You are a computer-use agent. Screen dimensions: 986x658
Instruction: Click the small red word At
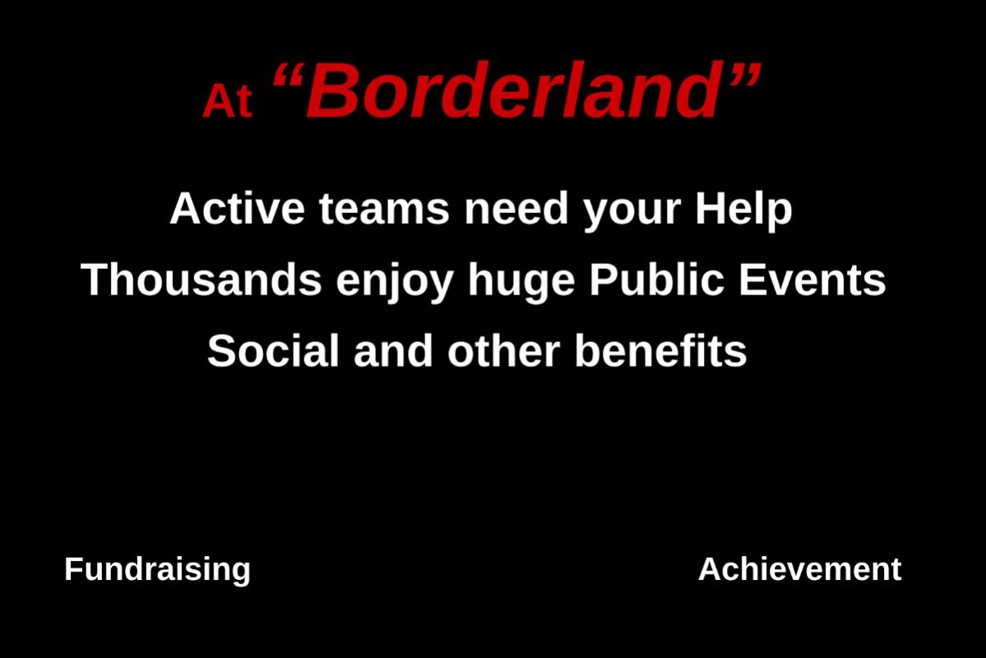pos(228,100)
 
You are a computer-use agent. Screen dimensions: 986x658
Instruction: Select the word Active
pos(238,208)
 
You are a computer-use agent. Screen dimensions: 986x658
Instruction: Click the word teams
pos(384,208)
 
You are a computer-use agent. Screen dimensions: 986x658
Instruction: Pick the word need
pos(516,208)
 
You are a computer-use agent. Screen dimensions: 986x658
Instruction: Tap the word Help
pos(743,210)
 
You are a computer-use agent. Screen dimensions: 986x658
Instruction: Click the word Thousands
pos(201,280)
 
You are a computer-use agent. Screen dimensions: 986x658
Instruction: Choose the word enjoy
pos(394,282)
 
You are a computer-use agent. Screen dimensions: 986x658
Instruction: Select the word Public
pos(656,280)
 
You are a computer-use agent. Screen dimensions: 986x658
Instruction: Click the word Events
pos(812,280)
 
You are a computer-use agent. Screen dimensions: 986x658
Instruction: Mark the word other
pos(503,350)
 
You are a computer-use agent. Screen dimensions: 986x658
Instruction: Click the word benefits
pos(661,350)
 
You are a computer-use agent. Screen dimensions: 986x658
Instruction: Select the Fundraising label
pos(157,570)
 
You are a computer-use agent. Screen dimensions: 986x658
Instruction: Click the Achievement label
pos(800,568)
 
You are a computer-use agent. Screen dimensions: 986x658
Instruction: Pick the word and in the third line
pos(394,350)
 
